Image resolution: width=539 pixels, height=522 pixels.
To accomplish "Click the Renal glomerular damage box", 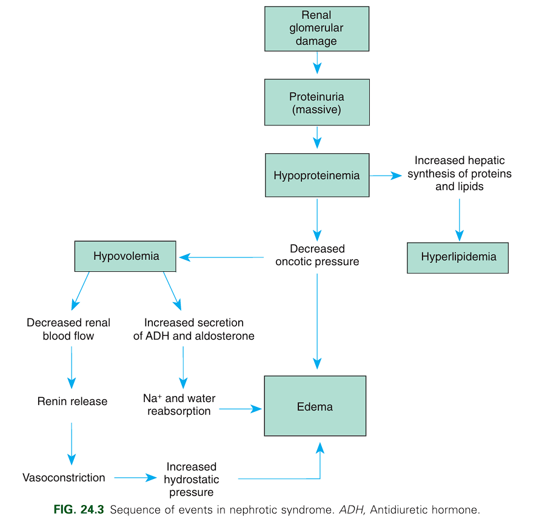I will [316, 29].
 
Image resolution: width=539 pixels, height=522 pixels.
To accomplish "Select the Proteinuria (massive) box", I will [316, 103].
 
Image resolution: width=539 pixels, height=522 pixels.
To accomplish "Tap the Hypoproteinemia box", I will [316, 176].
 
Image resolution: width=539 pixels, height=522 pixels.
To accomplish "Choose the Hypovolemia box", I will [126, 256].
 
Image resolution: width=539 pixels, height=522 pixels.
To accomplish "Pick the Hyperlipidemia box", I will [458, 257].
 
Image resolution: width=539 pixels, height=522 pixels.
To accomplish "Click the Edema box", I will [315, 406].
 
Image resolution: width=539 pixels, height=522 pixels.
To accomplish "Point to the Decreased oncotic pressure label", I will [317, 256].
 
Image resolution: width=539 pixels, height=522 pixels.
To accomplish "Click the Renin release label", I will [72, 401].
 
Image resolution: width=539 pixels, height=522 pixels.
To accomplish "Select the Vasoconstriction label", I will [64, 478].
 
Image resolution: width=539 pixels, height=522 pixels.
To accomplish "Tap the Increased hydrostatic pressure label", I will [191, 479].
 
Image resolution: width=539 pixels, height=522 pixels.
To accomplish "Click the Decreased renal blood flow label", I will [69, 329].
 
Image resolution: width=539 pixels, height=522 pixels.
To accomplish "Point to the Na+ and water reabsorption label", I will [179, 405].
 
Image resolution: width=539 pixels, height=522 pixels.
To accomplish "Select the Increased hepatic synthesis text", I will [459, 173].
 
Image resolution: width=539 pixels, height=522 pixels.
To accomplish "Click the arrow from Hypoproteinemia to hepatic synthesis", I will [386, 176].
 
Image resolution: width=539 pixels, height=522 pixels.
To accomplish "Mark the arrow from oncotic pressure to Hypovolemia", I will [221, 257].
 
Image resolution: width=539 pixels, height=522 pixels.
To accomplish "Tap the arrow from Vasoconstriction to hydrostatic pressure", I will [135, 478].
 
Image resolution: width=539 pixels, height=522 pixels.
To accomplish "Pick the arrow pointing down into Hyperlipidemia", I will [459, 219].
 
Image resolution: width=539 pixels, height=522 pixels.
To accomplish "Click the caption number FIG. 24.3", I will [79, 510].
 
